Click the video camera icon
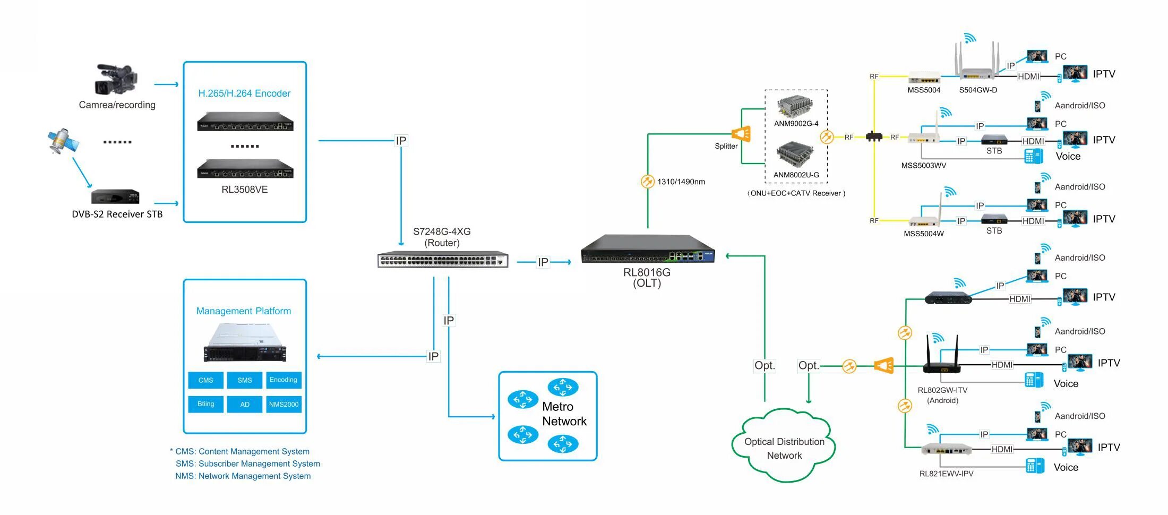[116, 80]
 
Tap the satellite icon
[63, 141]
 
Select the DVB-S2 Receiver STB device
[115, 196]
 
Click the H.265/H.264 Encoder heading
[244, 93]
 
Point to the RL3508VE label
[245, 190]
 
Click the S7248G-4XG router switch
[443, 260]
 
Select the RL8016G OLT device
[648, 249]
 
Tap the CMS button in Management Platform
[205, 380]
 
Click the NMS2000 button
[284, 405]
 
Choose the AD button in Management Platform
[245, 405]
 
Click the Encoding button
[284, 380]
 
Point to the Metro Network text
[564, 414]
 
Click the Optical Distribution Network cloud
[784, 445]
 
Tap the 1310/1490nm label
[681, 182]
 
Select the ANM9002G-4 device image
[795, 107]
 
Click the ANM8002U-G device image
[795, 154]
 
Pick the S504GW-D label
[978, 90]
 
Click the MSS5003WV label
[924, 166]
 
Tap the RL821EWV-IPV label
[947, 474]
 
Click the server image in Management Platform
[245, 342]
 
